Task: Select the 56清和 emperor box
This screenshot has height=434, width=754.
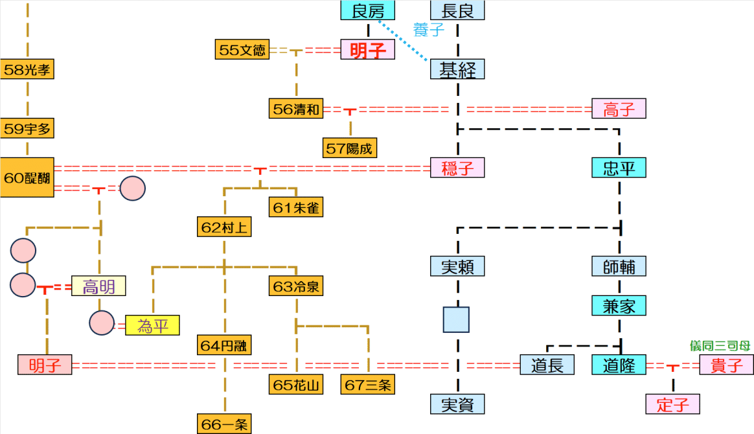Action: coord(296,109)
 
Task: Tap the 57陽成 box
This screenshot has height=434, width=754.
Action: coord(350,148)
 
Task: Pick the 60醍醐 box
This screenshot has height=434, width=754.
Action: coord(27,177)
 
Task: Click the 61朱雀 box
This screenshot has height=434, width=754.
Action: coord(296,207)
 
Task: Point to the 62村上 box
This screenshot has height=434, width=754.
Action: coord(224,227)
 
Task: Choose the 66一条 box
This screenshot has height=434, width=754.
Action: coord(224,424)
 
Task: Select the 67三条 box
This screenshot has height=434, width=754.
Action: coord(368,385)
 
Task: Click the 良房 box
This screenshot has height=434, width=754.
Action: coord(368,10)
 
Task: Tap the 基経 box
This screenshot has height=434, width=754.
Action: coord(457,69)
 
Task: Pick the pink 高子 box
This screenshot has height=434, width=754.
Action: coord(619,109)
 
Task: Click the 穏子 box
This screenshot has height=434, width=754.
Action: coord(457,168)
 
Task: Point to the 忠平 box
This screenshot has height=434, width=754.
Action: coord(619,168)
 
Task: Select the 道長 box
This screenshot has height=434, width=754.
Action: coord(547,365)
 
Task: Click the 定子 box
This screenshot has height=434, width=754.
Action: coord(673,404)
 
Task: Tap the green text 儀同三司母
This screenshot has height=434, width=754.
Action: coord(720,346)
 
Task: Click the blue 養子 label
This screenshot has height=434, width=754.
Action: coord(429,29)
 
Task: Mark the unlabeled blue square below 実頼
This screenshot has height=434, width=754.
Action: coord(457,319)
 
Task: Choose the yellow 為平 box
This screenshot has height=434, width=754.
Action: coord(152,325)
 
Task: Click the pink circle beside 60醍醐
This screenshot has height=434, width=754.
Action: coord(133,188)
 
